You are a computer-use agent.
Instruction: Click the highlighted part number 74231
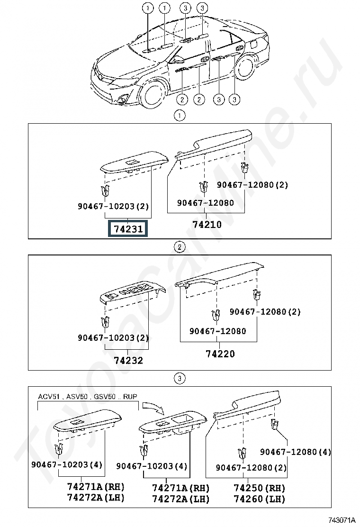tap(127, 229)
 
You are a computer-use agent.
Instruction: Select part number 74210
tap(207, 225)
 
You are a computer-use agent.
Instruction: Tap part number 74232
tap(128, 360)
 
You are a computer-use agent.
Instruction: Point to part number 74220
tap(220, 354)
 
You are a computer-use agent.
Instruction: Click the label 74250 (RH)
tap(259, 488)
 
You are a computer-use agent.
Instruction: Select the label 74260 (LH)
tap(259, 499)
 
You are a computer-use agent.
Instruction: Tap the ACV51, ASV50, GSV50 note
tap(88, 397)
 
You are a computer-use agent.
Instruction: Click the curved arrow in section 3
tap(153, 408)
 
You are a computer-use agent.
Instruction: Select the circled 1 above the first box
tap(180, 116)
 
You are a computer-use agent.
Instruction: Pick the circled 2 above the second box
tap(180, 247)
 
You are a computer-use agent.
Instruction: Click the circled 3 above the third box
tap(180, 379)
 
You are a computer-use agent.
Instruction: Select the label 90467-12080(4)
tap(296, 452)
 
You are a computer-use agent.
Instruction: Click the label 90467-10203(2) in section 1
tap(113, 206)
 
